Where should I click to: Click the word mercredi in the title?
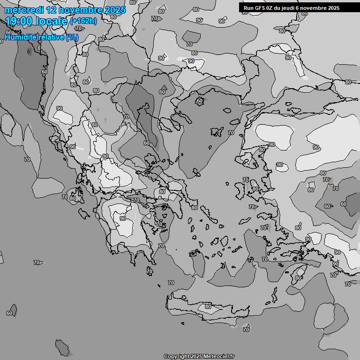pyautogui.click(x=22, y=10)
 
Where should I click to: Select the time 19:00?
pyautogui.click(x=19, y=21)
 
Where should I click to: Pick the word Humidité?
pyautogui.click(x=20, y=37)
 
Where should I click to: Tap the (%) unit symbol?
pyautogui.click(x=72, y=37)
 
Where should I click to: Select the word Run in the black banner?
pyautogui.click(x=248, y=8)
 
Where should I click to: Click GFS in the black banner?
pyautogui.click(x=260, y=8)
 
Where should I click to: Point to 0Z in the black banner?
pyautogui.click(x=270, y=8)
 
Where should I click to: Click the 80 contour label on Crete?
pyautogui.click(x=208, y=307)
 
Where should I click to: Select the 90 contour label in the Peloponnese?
pyautogui.click(x=122, y=218)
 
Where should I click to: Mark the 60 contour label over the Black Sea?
pyautogui.click(x=200, y=101)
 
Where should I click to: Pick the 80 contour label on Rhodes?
pyautogui.click(x=298, y=278)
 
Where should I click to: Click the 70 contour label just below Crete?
pyautogui.click(x=246, y=330)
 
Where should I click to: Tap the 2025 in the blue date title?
pyautogui.click(x=115, y=10)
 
